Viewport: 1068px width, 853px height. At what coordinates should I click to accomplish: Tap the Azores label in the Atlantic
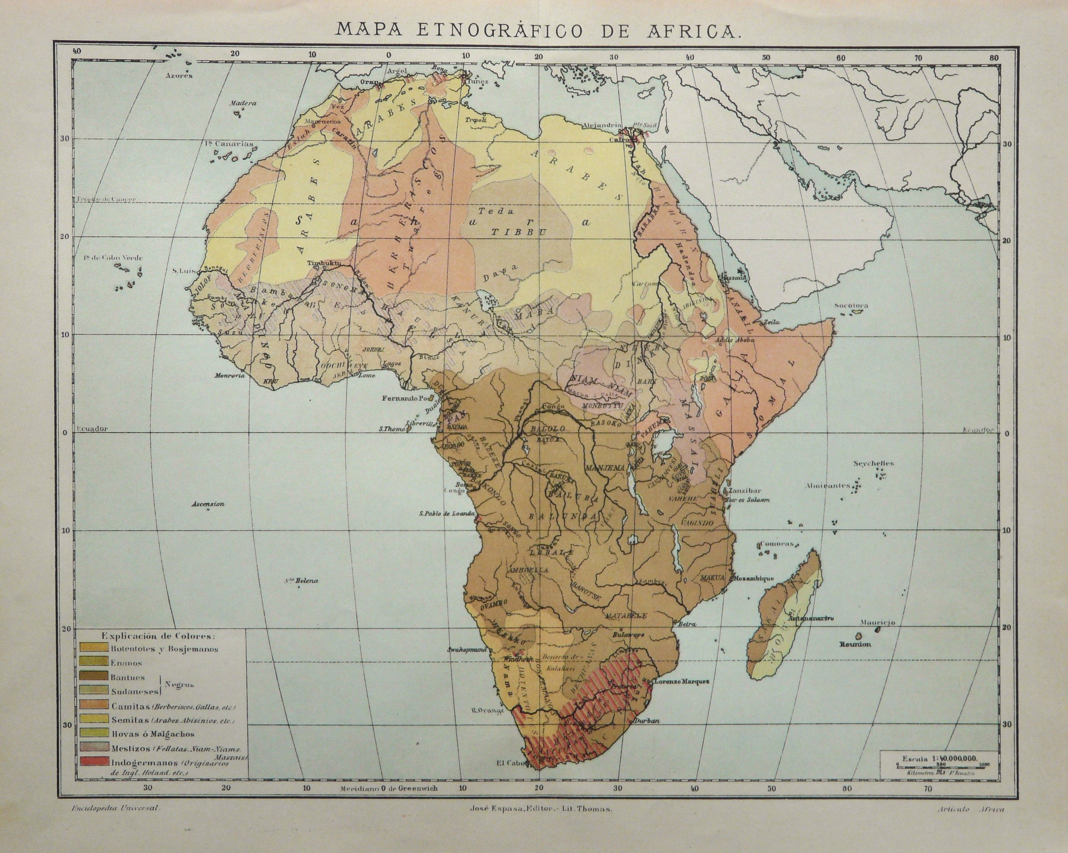click(x=179, y=76)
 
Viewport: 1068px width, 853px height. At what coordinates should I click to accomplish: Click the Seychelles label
click(x=873, y=463)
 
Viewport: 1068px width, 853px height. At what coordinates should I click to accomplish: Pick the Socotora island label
click(x=852, y=306)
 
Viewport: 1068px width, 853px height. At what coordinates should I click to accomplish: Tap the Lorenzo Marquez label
click(x=682, y=681)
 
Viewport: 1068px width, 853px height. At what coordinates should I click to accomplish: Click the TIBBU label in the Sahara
click(x=518, y=231)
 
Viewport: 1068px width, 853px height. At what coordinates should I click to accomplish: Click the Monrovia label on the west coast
click(x=230, y=376)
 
